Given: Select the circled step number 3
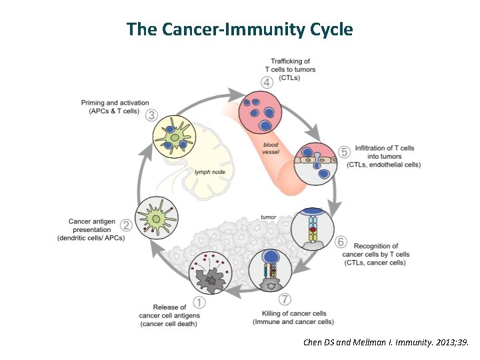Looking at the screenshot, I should point(152,115).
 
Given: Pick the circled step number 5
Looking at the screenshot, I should point(344,152).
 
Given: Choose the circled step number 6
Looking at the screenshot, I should point(341,241).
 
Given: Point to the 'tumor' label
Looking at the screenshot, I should point(269,217).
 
